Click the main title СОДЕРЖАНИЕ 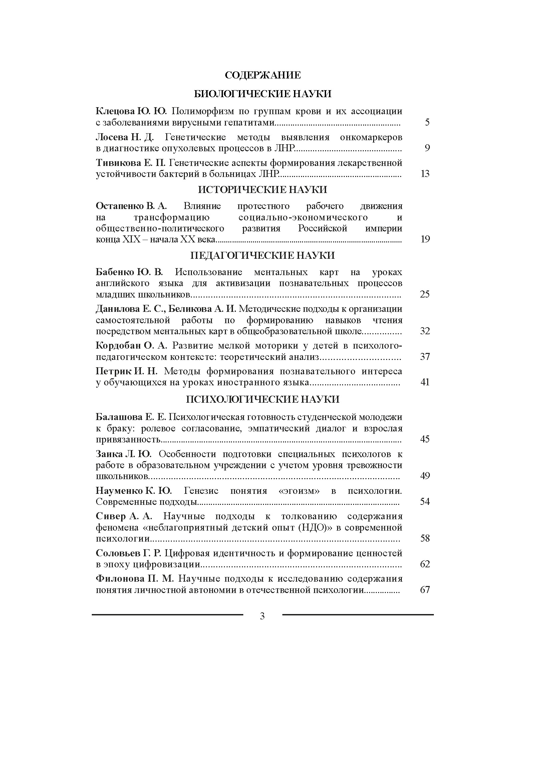click(263, 75)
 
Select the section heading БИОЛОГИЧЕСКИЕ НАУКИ click(263, 94)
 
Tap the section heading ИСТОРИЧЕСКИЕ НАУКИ click(263, 190)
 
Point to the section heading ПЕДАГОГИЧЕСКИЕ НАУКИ click(263, 255)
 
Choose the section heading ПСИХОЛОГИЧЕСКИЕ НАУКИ click(263, 399)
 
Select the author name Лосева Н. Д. click(125, 137)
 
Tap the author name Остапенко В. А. click(131, 206)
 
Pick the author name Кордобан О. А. click(131, 346)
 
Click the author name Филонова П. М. click(134, 579)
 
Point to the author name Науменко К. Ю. click(133, 491)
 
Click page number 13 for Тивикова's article click(425, 174)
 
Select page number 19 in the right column click(425, 239)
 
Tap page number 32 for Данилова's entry click(425, 331)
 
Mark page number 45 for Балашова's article click(425, 439)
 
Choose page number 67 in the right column click(425, 589)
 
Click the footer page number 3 click(262, 616)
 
